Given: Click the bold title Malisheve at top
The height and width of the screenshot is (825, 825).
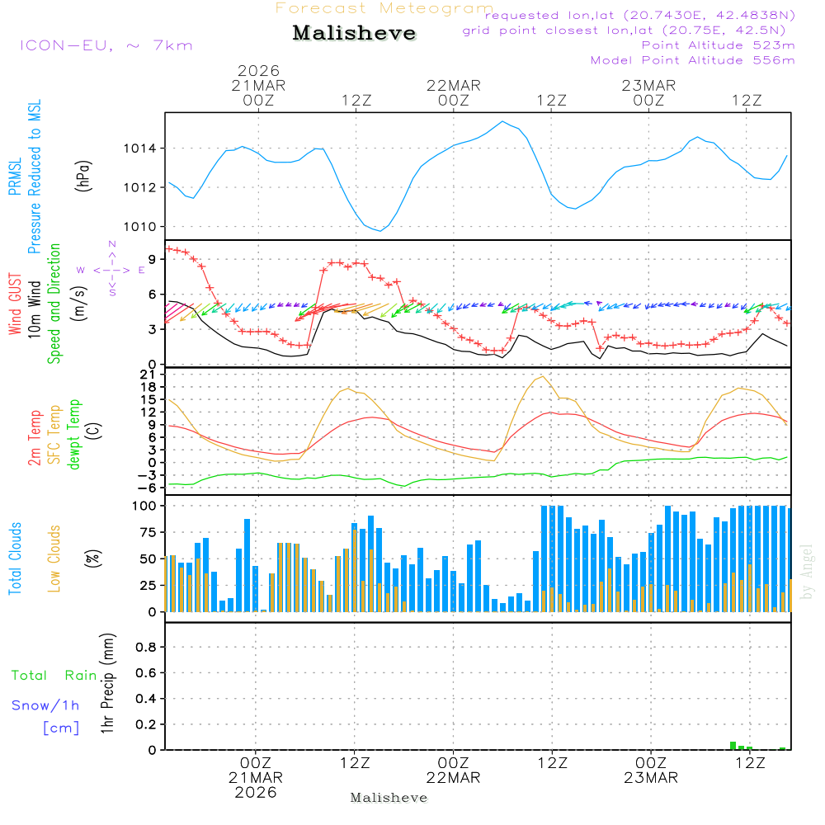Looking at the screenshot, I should tap(354, 34).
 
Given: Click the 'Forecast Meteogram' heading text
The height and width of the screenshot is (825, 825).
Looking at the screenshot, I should tap(384, 9).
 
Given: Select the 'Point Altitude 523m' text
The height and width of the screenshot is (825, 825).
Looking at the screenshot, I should tap(718, 45).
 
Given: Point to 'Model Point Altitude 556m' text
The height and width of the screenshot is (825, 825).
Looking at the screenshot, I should tap(693, 60).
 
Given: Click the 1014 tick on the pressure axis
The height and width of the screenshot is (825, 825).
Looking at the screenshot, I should tap(140, 148).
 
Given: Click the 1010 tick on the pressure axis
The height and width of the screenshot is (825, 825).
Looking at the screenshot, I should tap(140, 227).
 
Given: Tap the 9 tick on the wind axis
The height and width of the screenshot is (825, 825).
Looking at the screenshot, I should tap(152, 258).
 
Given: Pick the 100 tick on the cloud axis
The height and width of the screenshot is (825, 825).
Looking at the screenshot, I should tap(144, 506).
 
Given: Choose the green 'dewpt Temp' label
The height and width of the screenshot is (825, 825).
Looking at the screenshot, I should tap(75, 434).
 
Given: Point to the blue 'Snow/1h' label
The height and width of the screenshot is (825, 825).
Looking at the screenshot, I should tap(46, 705).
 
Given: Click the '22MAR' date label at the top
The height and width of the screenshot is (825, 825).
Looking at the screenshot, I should tap(453, 86).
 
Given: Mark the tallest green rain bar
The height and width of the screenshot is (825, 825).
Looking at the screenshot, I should tap(733, 746).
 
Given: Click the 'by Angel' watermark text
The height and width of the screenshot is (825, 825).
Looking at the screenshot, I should tap(807, 571).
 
